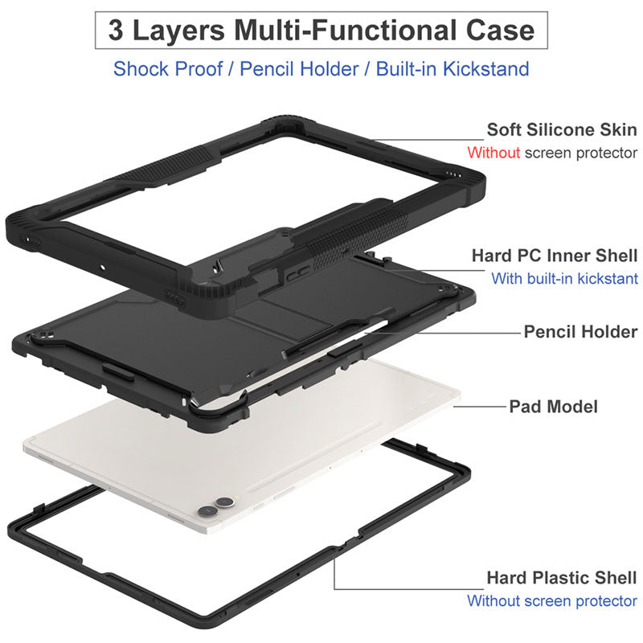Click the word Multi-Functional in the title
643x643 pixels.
[x=350, y=31]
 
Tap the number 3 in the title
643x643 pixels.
[x=117, y=31]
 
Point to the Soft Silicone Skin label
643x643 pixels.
[x=562, y=129]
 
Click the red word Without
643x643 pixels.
[x=494, y=152]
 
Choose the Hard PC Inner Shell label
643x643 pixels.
[x=555, y=256]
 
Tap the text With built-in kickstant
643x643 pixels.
[x=564, y=279]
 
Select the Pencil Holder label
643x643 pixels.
[x=580, y=331]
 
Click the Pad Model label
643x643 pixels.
[x=553, y=406]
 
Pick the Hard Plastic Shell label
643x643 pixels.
[x=562, y=577]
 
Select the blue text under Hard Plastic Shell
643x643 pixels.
[x=552, y=600]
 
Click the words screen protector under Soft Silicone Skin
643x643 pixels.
[x=581, y=152]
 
